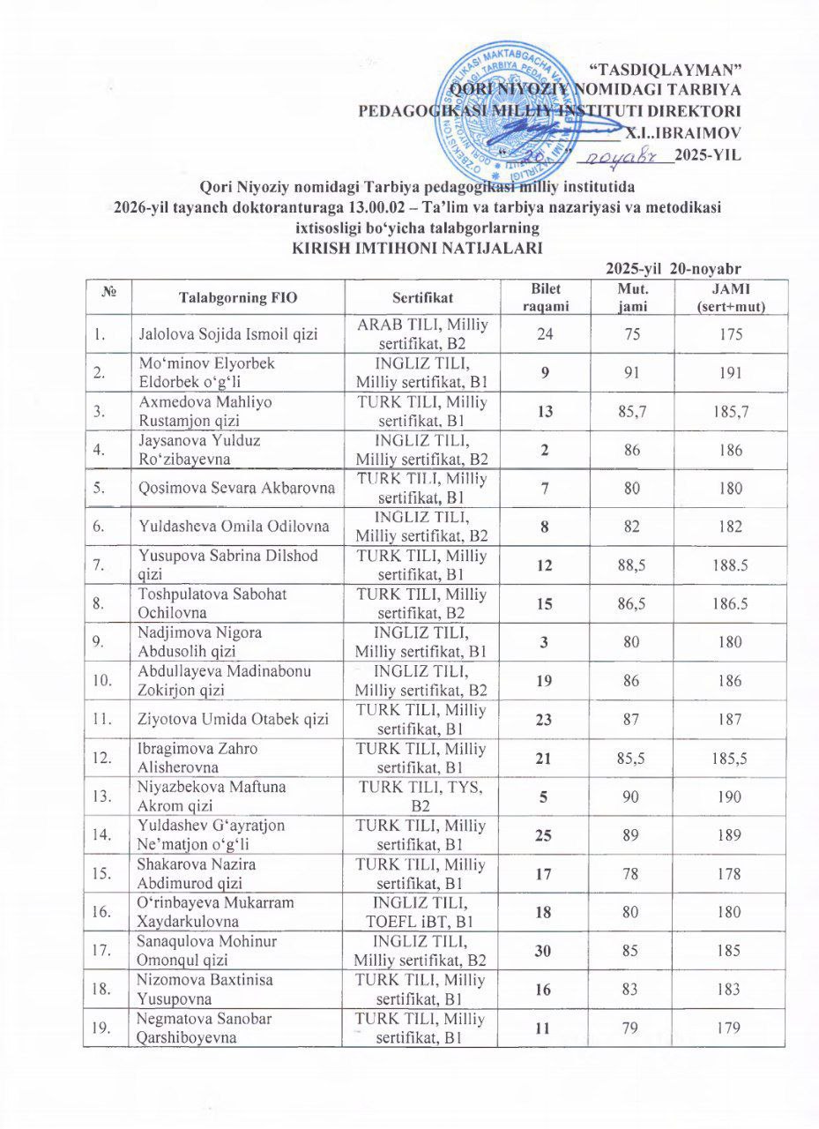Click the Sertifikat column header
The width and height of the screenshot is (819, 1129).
pyautogui.click(x=421, y=298)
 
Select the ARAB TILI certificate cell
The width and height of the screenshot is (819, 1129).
pyautogui.click(x=421, y=334)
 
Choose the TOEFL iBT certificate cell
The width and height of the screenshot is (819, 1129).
pyautogui.click(x=421, y=912)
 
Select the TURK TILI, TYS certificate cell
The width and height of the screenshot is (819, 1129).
pyautogui.click(x=421, y=796)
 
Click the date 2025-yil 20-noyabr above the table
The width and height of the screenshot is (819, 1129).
pyautogui.click(x=675, y=269)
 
